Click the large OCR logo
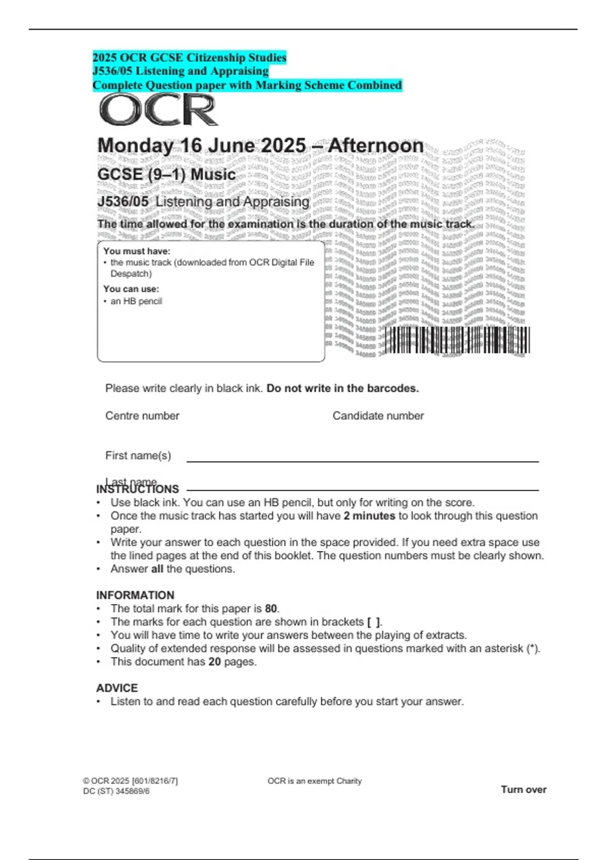coord(158,110)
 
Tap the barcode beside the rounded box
coord(457,340)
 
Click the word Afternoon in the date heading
coord(376,146)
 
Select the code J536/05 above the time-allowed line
coord(123,201)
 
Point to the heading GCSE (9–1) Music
coord(166,175)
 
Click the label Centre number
coord(142,416)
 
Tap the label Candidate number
coord(378,416)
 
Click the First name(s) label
coord(138,455)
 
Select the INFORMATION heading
coord(135,595)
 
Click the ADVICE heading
coord(117,688)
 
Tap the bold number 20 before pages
coord(214,662)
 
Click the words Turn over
coord(524,790)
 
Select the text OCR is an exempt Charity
coord(315,781)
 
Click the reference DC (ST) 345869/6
coord(116,791)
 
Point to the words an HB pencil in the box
coord(136,302)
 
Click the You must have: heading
coord(137,251)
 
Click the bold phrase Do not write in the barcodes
coord(342,389)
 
